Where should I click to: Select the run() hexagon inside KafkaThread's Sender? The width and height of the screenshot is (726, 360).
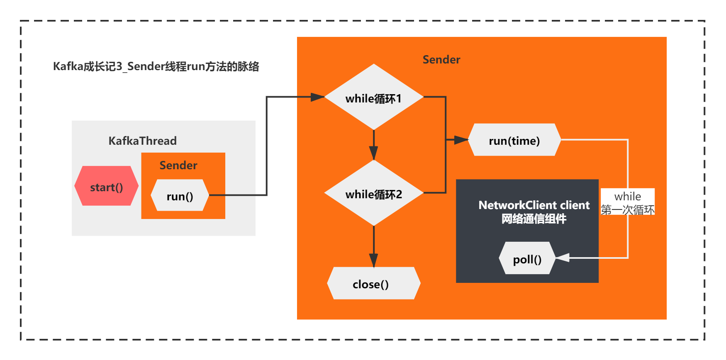pos(180,195)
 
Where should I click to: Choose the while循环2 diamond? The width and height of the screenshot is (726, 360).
pos(373,193)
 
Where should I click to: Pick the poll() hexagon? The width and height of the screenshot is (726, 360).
pos(527,258)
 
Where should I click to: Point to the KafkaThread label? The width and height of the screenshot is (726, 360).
pos(142,141)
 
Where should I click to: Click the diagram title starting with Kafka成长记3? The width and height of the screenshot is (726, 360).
pos(156,66)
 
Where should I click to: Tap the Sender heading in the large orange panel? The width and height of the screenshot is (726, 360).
pos(441,60)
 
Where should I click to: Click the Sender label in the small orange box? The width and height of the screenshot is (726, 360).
pos(178,165)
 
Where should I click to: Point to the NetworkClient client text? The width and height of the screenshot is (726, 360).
pos(534,205)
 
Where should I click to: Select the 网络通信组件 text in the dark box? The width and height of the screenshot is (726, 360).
pos(534,219)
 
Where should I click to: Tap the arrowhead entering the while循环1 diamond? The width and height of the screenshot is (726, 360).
pos(318,97)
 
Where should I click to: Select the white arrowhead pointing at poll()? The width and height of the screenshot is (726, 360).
pos(562,258)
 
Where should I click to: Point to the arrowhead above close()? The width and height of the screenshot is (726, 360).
pos(373,260)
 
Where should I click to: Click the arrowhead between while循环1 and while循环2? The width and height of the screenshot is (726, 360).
pos(373,153)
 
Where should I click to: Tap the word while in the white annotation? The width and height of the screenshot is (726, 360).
pos(627,196)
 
